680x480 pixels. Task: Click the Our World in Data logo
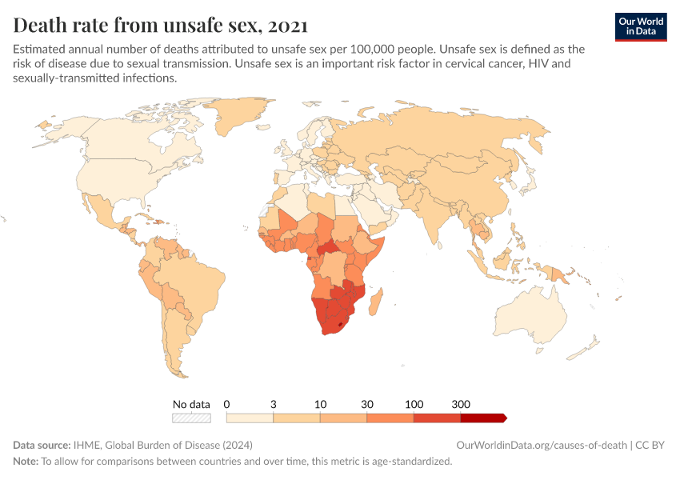coord(640,26)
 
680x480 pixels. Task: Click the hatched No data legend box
coord(191,418)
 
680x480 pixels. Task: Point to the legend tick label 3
coord(274,404)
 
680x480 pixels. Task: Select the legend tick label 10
coord(320,404)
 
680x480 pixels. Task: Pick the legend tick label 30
coord(367,404)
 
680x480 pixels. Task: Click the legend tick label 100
coord(414,404)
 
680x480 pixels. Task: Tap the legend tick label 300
coord(461,404)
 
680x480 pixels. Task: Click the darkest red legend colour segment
coord(482,418)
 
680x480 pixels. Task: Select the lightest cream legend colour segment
coord(250,418)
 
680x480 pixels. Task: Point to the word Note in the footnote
coord(26,461)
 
